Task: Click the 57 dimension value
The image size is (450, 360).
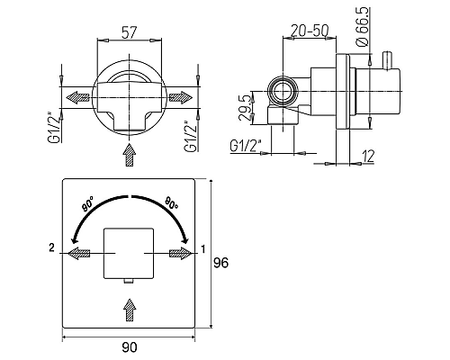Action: [130, 32]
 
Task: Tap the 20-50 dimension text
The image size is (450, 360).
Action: [310, 31]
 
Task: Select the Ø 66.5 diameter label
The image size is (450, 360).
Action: [363, 27]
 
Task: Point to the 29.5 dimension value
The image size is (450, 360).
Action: [246, 108]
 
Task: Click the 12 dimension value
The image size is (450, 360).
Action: [368, 156]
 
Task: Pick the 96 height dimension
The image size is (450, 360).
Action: [220, 263]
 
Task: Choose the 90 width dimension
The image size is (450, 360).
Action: [130, 347]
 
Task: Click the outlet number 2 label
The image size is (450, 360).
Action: [52, 247]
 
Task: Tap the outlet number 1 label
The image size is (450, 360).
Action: [203, 249]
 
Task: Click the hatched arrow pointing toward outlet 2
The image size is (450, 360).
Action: [78, 254]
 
